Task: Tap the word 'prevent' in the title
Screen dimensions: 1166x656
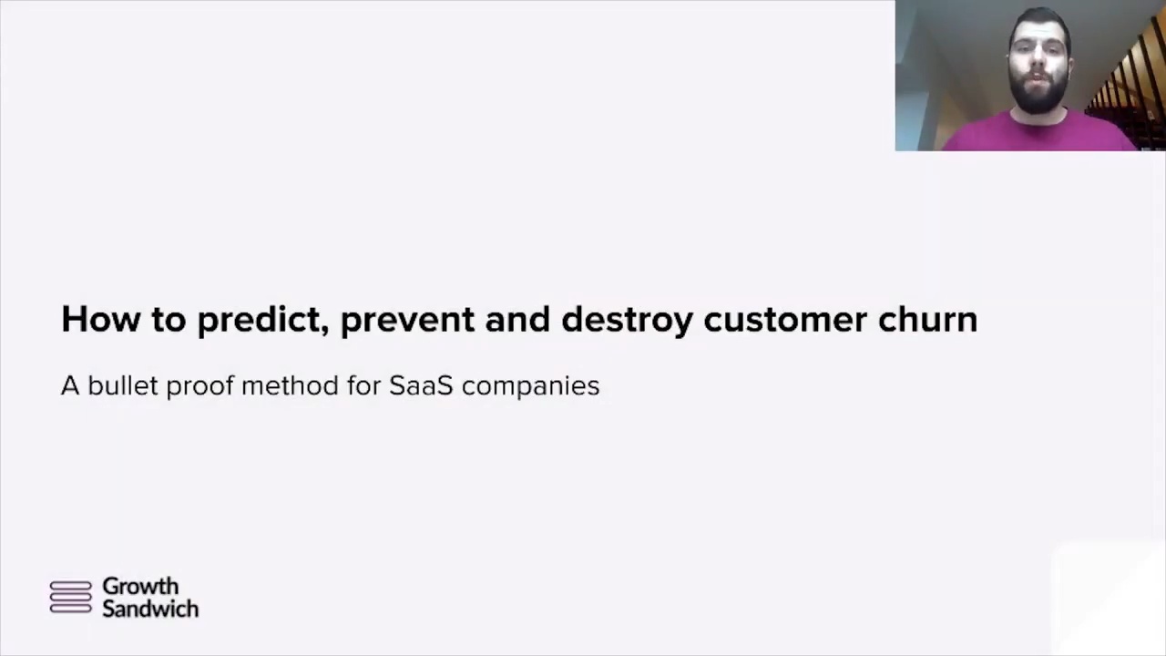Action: tap(407, 321)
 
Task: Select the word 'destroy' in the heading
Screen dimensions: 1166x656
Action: tap(628, 321)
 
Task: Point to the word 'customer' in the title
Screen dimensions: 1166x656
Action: tap(785, 321)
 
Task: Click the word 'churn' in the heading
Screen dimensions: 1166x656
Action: tap(928, 319)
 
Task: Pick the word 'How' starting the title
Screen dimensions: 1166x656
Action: tap(101, 319)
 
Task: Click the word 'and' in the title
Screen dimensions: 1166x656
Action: tap(517, 319)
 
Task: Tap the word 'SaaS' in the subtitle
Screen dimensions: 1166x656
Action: tap(421, 385)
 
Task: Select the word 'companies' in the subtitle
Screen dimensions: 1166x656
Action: tap(530, 387)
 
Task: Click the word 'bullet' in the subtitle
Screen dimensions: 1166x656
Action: tap(123, 385)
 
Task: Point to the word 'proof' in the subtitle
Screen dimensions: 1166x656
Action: tap(200, 387)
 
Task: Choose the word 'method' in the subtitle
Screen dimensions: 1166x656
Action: tap(290, 385)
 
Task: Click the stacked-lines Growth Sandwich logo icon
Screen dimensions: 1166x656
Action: tap(71, 597)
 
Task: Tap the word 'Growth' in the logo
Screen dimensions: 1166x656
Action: tap(140, 586)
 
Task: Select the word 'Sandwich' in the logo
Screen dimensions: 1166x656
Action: tap(150, 609)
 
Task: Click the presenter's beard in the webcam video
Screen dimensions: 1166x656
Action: tap(1038, 97)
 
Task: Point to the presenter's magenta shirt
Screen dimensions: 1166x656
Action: tap(1036, 133)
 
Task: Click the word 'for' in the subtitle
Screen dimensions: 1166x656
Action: tap(363, 385)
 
